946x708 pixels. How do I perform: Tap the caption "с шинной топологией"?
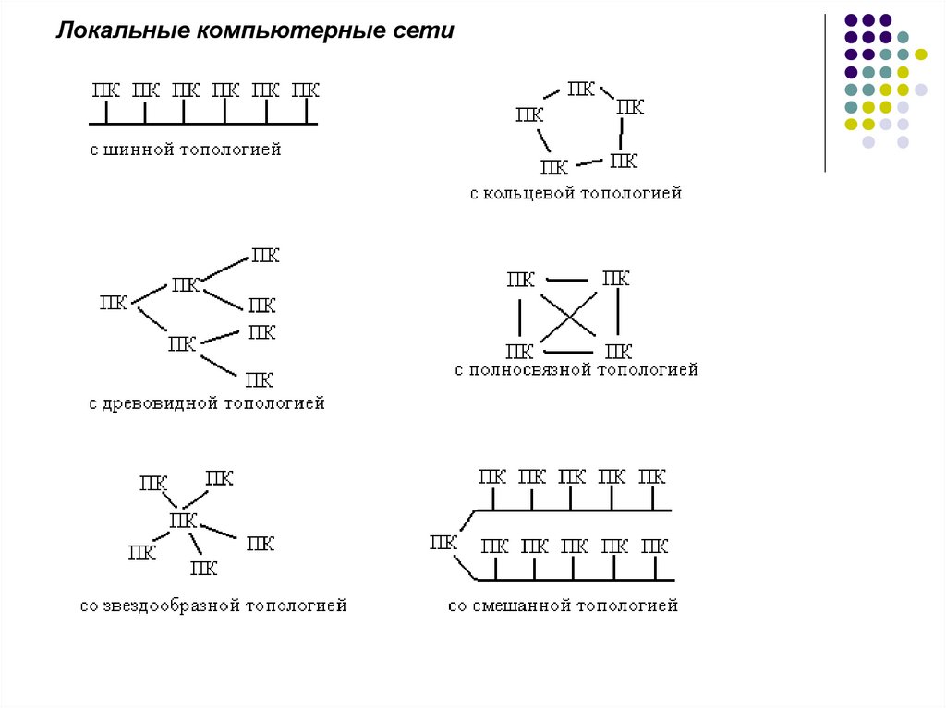coord(186,149)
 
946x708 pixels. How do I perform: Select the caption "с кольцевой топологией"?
coord(576,194)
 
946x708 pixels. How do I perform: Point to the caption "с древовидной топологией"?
coord(207,403)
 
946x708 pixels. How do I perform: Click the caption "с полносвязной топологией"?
coord(576,370)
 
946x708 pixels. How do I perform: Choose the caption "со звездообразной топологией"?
coord(213,606)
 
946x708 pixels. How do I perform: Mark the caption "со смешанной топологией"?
coord(563,606)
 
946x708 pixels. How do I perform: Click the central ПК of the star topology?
coord(183,522)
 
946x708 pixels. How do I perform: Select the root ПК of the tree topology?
coord(114,303)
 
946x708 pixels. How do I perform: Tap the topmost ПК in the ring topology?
coord(581,89)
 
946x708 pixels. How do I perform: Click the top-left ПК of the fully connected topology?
coord(521,280)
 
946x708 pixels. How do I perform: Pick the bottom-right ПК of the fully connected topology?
coord(617,351)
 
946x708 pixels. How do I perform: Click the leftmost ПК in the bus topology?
coord(105,90)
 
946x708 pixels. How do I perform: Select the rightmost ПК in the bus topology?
coord(306,90)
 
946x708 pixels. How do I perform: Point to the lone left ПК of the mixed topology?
coord(443,543)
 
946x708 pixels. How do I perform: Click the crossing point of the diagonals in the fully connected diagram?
coord(568,316)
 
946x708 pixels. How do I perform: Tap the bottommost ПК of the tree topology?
coord(259,379)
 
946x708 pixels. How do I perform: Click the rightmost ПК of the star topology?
coord(261,543)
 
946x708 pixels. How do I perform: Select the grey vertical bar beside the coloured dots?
coord(824,92)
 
